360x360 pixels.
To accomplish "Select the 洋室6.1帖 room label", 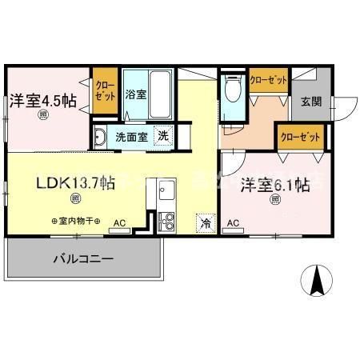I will tap(275, 186).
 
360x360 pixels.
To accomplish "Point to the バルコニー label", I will tap(83, 259).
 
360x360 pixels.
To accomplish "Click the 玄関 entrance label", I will tap(311, 101).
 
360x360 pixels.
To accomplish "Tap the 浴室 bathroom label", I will tap(134, 94).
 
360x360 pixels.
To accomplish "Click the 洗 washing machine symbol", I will tap(163, 136).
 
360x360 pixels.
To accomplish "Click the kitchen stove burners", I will tap(166, 218).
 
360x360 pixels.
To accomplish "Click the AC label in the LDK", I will tap(118, 222).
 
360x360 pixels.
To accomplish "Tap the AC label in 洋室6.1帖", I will tap(234, 222).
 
